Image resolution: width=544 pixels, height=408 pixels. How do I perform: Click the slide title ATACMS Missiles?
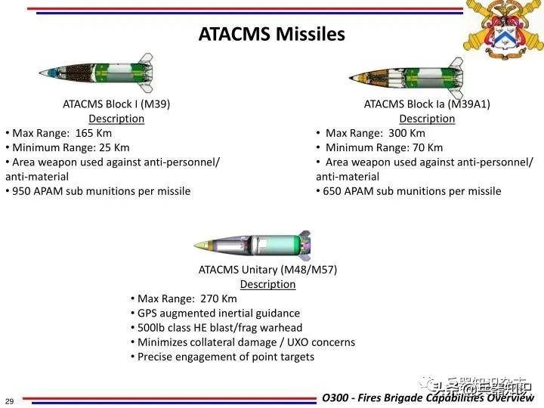pos(271,34)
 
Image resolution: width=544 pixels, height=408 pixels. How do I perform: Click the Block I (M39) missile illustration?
pos(97,73)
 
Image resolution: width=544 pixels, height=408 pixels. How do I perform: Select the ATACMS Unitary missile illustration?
pos(252,245)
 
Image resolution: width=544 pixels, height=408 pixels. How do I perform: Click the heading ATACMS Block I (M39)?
pos(116,104)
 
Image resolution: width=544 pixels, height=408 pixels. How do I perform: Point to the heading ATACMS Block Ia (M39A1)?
pos(427,104)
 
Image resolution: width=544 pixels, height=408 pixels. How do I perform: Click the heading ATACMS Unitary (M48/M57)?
pos(267,270)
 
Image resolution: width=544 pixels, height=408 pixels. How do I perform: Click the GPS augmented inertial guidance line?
pos(218,313)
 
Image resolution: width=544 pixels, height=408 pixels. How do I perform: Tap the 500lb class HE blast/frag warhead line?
pos(219,327)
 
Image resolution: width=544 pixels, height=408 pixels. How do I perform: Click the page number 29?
pos(11,400)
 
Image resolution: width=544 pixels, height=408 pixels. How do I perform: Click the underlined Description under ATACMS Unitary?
pos(267,284)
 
